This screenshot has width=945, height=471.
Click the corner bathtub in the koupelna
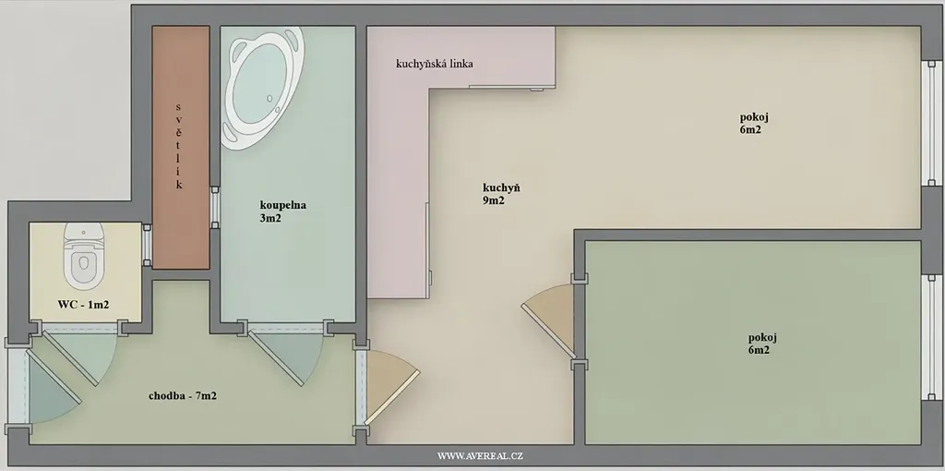(261, 84)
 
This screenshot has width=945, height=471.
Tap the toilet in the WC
(84, 256)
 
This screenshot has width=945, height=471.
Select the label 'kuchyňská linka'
(434, 64)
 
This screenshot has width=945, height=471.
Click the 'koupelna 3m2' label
(282, 211)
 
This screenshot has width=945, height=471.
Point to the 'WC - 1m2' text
(83, 305)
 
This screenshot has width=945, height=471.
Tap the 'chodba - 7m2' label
(183, 396)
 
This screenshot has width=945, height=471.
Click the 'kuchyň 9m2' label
(501, 194)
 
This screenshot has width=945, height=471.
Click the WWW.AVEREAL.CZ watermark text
(480, 456)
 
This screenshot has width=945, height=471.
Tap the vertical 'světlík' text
(179, 145)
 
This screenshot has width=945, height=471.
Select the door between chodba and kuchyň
(391, 386)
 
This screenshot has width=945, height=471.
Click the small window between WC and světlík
(147, 245)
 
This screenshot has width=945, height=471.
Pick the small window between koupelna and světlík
(214, 208)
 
